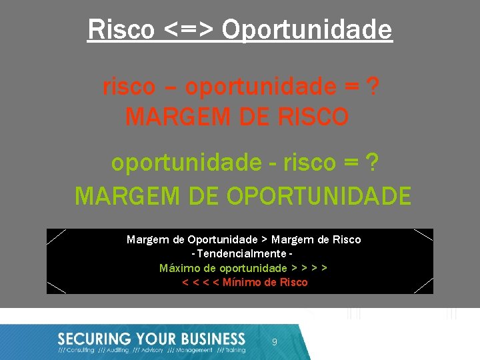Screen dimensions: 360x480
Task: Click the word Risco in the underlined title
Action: [x=121, y=29]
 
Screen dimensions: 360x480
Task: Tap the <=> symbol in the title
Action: [x=189, y=29]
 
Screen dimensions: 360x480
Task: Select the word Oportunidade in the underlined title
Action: [x=307, y=29]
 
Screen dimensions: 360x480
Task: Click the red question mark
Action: [x=374, y=87]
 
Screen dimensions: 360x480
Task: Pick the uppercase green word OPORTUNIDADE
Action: [x=319, y=196]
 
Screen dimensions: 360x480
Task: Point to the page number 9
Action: [x=274, y=341]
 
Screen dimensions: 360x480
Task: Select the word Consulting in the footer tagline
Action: [x=81, y=350]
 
